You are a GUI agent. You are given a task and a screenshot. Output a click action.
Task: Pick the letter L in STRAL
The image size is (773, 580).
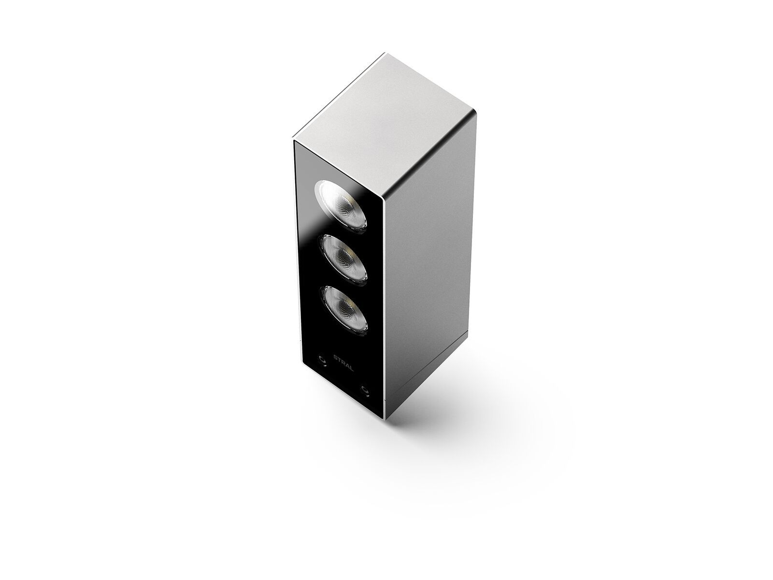click(352, 369)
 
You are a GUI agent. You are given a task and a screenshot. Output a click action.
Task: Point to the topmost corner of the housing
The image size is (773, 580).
click(386, 53)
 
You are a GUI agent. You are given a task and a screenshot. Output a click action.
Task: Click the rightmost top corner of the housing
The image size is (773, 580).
click(477, 113)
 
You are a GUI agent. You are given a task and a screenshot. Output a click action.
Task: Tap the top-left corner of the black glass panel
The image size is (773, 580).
click(295, 142)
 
